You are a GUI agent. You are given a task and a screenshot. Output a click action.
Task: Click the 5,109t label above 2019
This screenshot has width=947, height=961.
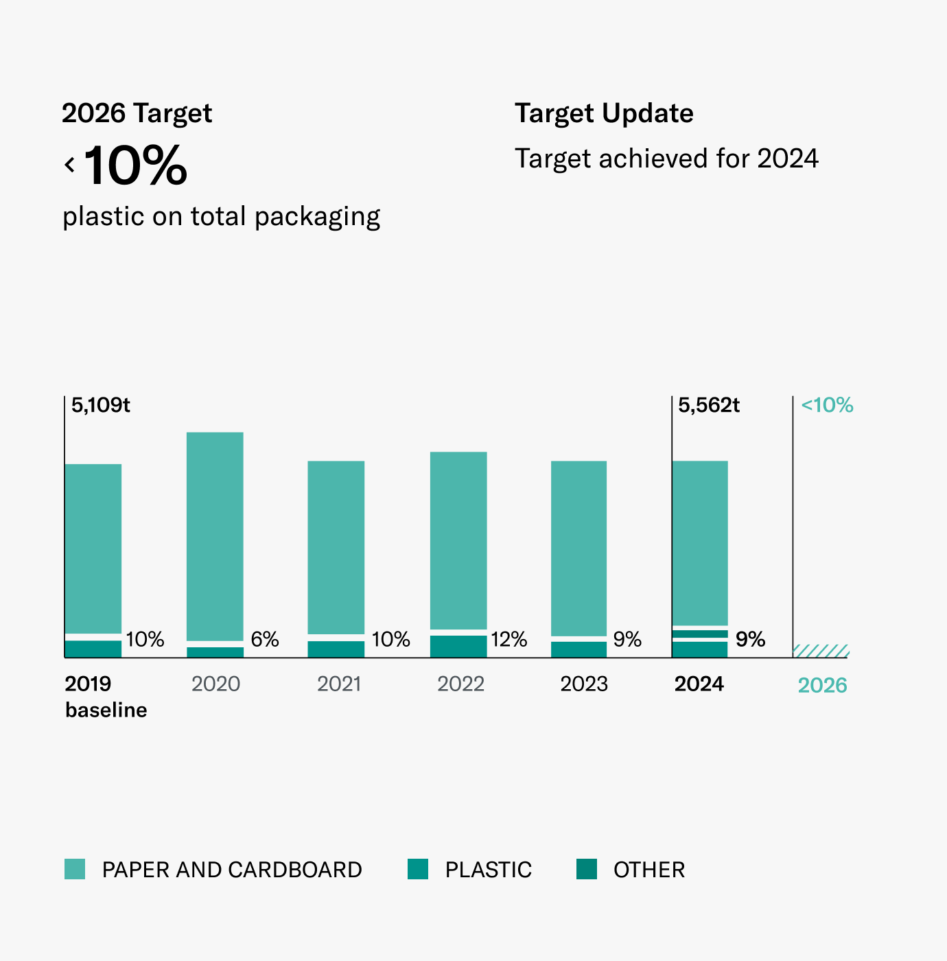pyautogui.click(x=100, y=405)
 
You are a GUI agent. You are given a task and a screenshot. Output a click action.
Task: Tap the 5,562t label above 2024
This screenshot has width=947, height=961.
pyautogui.click(x=709, y=405)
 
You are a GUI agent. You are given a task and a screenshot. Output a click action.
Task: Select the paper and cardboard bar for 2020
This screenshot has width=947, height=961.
pyautogui.click(x=215, y=536)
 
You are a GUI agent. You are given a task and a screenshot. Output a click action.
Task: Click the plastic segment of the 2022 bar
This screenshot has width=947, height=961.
pyautogui.click(x=458, y=646)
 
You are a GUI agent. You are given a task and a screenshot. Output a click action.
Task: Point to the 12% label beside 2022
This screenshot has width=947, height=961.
pyautogui.click(x=509, y=640)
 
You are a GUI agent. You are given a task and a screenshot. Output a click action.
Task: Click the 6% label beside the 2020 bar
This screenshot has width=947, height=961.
pyautogui.click(x=265, y=640)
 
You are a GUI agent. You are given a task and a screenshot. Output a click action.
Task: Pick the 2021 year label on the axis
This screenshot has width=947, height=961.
pyautogui.click(x=340, y=684)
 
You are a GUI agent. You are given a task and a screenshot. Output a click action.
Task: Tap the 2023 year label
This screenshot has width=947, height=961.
pyautogui.click(x=584, y=684)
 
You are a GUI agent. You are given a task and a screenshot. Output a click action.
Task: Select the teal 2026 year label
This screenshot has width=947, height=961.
pyautogui.click(x=822, y=685)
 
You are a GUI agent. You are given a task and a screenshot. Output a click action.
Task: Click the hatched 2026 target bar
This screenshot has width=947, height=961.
pyautogui.click(x=821, y=651)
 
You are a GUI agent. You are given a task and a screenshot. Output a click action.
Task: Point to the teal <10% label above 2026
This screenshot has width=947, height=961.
pyautogui.click(x=827, y=405)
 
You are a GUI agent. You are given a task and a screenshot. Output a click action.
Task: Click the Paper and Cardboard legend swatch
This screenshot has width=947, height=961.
pyautogui.click(x=75, y=869)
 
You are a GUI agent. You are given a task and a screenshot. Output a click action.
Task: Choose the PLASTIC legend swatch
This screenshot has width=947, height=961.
pyautogui.click(x=418, y=869)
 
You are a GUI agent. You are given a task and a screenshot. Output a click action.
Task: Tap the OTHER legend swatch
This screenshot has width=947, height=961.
pyautogui.click(x=587, y=869)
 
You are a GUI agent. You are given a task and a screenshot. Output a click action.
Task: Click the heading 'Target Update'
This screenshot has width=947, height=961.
pyautogui.click(x=604, y=113)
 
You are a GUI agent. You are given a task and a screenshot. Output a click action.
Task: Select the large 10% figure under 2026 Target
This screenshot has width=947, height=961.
pyautogui.click(x=135, y=165)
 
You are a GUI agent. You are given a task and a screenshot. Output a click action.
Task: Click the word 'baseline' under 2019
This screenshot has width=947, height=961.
pyautogui.click(x=106, y=710)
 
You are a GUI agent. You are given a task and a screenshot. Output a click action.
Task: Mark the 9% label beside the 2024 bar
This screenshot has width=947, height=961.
pyautogui.click(x=750, y=640)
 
